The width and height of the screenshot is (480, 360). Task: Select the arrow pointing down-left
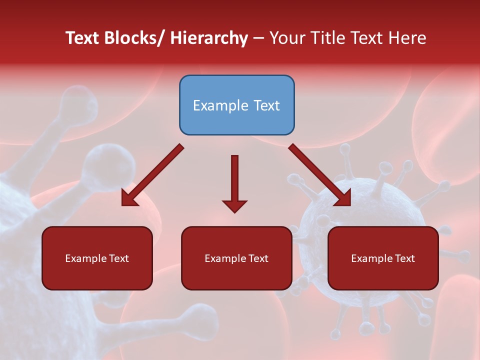[152, 175]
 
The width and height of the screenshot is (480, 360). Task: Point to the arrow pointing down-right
[320, 175]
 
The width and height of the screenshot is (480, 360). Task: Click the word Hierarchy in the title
[209, 38]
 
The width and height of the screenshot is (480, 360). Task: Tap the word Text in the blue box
[266, 105]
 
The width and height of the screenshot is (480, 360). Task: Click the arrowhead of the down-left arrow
[129, 199]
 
